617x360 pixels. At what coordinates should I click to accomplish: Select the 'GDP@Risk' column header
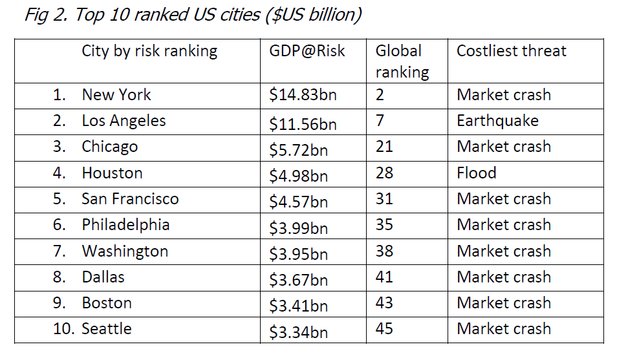click(307, 51)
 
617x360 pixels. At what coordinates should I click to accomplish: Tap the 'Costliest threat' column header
click(511, 51)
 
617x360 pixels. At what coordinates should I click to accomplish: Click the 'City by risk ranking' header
click(149, 51)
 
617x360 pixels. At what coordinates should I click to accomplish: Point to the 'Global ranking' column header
click(402, 61)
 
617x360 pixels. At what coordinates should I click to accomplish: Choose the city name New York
click(116, 95)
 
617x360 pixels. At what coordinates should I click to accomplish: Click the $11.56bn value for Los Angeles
click(303, 123)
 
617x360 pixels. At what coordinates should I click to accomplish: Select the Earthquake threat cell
click(497, 121)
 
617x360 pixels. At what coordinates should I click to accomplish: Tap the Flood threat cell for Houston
click(477, 173)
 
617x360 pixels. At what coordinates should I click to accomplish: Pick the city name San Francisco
click(130, 199)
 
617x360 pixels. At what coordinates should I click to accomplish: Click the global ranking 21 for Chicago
click(384, 147)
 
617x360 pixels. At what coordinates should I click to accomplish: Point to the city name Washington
click(125, 251)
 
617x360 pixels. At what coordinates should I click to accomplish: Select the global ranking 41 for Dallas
click(384, 277)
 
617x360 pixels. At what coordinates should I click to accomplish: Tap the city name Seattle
click(107, 329)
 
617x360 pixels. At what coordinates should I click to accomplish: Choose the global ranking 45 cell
click(384, 329)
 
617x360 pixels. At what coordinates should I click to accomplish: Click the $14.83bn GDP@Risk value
click(303, 96)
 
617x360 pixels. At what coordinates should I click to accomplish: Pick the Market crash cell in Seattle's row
click(504, 329)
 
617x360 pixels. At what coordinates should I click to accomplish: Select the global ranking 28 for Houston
click(384, 173)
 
